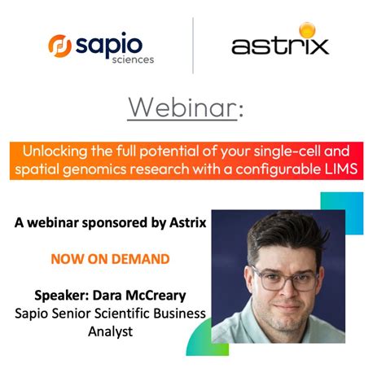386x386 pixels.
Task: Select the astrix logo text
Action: pos(280,46)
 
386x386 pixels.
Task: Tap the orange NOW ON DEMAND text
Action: pos(111,259)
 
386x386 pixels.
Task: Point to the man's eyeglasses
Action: pos(282,277)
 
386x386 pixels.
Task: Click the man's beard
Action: pos(282,319)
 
